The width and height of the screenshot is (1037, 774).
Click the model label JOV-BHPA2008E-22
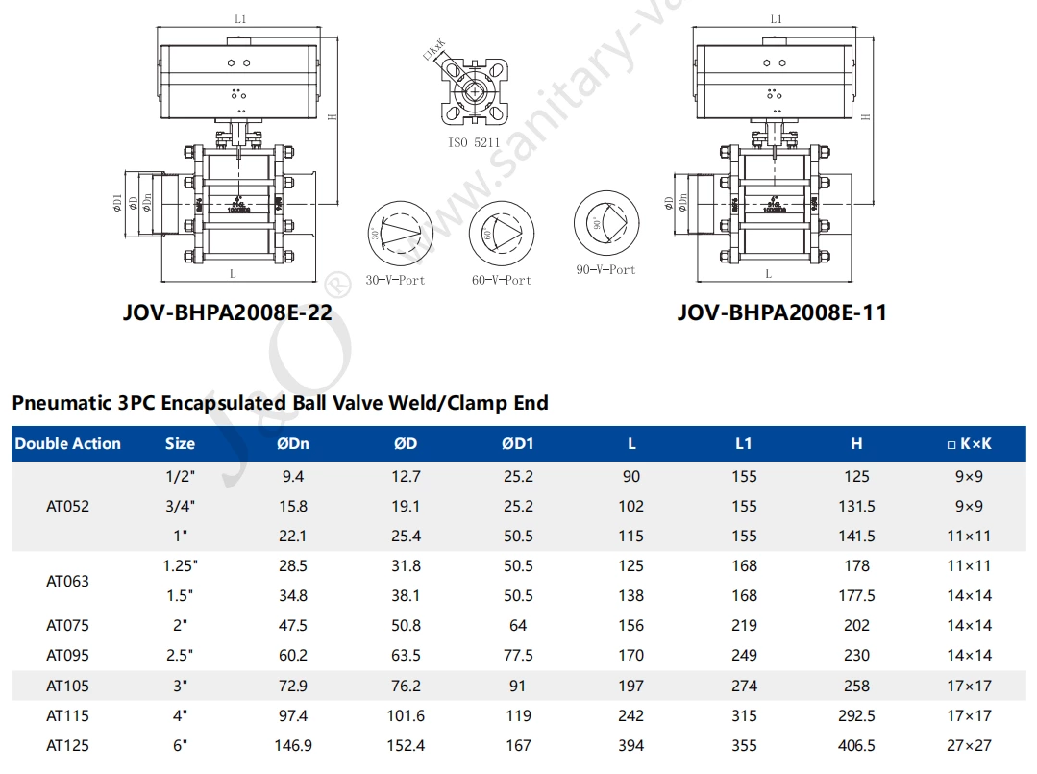click(228, 312)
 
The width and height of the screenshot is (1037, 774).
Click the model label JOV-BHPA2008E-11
click(781, 312)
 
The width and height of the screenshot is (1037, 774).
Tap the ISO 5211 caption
click(475, 142)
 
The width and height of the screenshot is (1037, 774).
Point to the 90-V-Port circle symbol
click(605, 224)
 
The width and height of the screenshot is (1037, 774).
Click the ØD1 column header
click(517, 444)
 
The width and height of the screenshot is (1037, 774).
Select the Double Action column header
click(67, 444)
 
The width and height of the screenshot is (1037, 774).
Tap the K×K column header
click(969, 444)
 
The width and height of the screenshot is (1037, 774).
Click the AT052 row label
click(67, 506)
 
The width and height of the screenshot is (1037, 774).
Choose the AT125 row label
click(67, 745)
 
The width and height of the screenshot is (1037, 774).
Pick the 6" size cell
click(180, 745)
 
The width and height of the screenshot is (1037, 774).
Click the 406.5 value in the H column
click(856, 745)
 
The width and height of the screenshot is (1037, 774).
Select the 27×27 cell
click(970, 745)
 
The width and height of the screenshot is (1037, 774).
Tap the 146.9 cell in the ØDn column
click(292, 745)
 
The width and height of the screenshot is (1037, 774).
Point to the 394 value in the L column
click(631, 745)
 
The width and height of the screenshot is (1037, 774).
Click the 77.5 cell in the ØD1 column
click(518, 656)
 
